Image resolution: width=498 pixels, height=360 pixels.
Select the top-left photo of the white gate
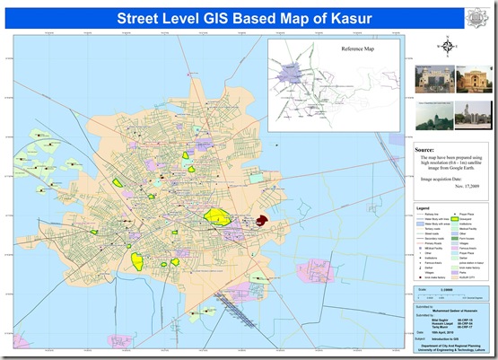428,79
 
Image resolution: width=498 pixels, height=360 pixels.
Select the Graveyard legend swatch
455,219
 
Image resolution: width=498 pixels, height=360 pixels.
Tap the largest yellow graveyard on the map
216,215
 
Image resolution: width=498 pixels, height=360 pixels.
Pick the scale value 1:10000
446,290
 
